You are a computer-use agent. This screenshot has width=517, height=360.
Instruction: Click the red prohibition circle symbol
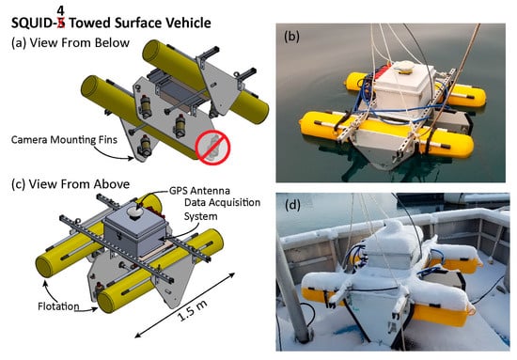[x=212, y=147]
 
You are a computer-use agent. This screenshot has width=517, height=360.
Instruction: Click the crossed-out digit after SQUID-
[x=61, y=23]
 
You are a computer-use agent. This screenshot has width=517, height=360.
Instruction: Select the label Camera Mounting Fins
[x=64, y=140]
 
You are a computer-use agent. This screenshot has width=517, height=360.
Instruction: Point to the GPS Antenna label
[x=199, y=191]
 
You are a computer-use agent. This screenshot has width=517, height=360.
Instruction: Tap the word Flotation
[x=58, y=306]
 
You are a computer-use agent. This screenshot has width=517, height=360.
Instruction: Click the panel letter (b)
[x=291, y=37]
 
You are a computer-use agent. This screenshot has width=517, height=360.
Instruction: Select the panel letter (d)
[x=292, y=205]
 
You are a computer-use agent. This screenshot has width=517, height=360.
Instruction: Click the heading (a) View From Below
[x=70, y=43]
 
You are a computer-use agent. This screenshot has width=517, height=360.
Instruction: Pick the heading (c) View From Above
[x=70, y=184]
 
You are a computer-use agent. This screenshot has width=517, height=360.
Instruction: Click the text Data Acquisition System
[x=222, y=210]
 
